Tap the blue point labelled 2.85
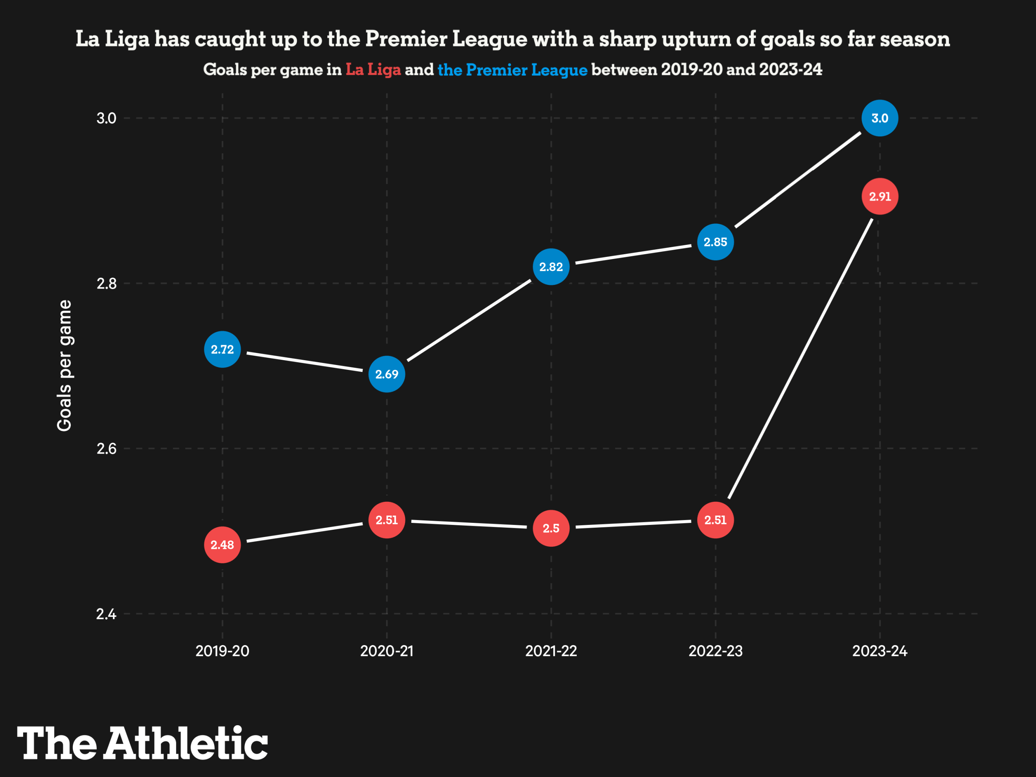(715, 242)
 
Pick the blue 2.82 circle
(551, 267)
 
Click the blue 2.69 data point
(386, 374)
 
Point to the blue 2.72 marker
(222, 349)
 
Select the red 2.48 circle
(222, 545)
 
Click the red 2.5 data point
(551, 528)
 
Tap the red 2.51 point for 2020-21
(386, 520)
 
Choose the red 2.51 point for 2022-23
(715, 520)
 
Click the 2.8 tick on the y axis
(106, 283)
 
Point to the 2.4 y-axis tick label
(106, 614)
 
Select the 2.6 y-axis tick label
(106, 449)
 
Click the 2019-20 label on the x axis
(222, 651)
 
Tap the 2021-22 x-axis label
(551, 651)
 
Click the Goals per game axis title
(64, 365)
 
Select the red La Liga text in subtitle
(373, 70)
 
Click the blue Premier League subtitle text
(512, 70)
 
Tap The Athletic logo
(142, 743)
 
